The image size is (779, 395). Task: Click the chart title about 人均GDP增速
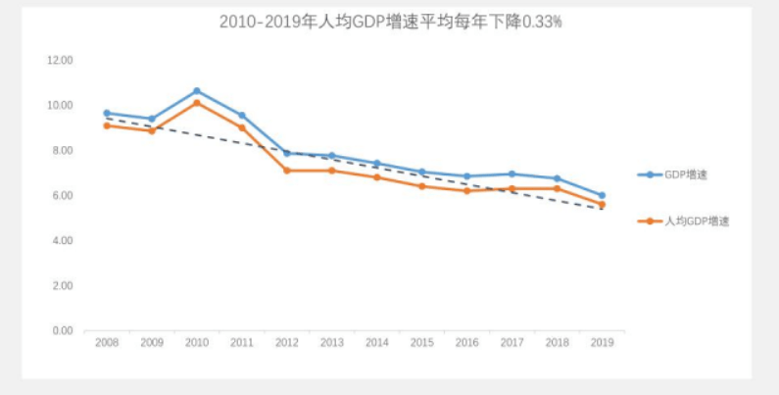(x=390, y=21)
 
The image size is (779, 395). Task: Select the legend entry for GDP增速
(x=685, y=174)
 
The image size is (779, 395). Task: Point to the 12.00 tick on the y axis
(x=61, y=60)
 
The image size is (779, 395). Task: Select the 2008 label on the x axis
(x=106, y=343)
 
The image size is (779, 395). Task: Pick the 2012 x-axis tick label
(x=286, y=343)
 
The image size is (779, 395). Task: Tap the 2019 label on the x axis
(x=602, y=343)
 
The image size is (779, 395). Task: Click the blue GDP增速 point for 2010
(x=196, y=91)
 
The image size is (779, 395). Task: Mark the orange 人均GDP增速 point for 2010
(x=196, y=103)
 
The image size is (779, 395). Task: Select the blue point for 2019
(x=602, y=195)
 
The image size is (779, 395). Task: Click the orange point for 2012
(x=286, y=171)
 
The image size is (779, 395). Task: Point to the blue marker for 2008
(x=106, y=114)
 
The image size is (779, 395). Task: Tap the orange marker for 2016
(x=466, y=190)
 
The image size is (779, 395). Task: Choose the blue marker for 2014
(x=376, y=164)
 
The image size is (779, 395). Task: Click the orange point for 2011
(x=241, y=127)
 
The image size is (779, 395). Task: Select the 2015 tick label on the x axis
(x=421, y=343)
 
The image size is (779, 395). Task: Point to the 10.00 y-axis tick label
(x=61, y=105)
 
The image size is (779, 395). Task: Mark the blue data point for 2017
(x=511, y=174)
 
